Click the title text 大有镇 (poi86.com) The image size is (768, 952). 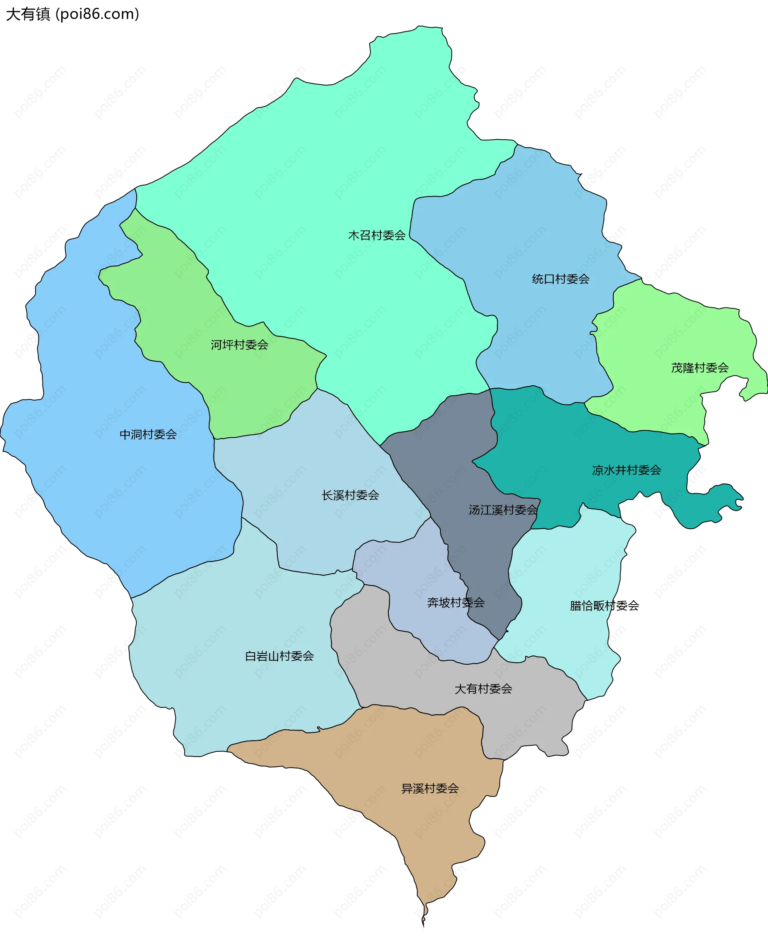click(x=72, y=14)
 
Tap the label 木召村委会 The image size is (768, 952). click(x=376, y=235)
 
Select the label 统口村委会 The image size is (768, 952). click(x=560, y=279)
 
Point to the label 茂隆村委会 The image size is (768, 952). click(x=700, y=368)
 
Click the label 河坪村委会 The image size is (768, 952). click(x=239, y=345)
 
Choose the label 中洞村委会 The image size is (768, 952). click(x=148, y=434)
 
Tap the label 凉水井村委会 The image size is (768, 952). click(x=626, y=470)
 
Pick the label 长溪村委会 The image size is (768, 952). click(x=350, y=495)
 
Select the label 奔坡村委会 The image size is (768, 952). click(x=456, y=602)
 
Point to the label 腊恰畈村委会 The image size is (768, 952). click(x=604, y=605)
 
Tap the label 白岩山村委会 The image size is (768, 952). click(x=279, y=656)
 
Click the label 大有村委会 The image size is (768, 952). click(x=483, y=689)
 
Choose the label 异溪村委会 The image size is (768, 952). click(x=430, y=788)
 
